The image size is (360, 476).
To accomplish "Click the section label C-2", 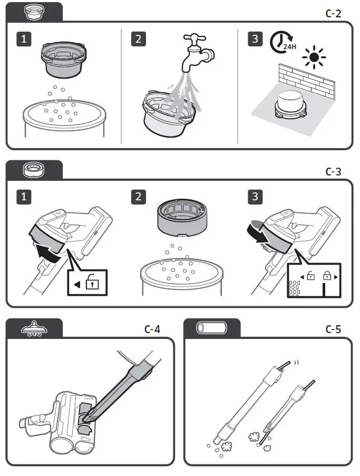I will [333, 13].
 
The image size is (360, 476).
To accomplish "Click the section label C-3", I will [333, 171].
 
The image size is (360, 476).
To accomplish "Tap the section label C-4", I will [152, 329].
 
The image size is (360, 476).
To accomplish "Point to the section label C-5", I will [333, 329].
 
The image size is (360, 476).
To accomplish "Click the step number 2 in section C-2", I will [138, 39].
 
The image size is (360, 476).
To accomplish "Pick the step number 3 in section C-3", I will [255, 197].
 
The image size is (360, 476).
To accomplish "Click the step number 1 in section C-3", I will [23, 197].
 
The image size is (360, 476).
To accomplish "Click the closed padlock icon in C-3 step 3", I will [327, 275].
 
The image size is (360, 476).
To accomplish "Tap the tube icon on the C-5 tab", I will [211, 328].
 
